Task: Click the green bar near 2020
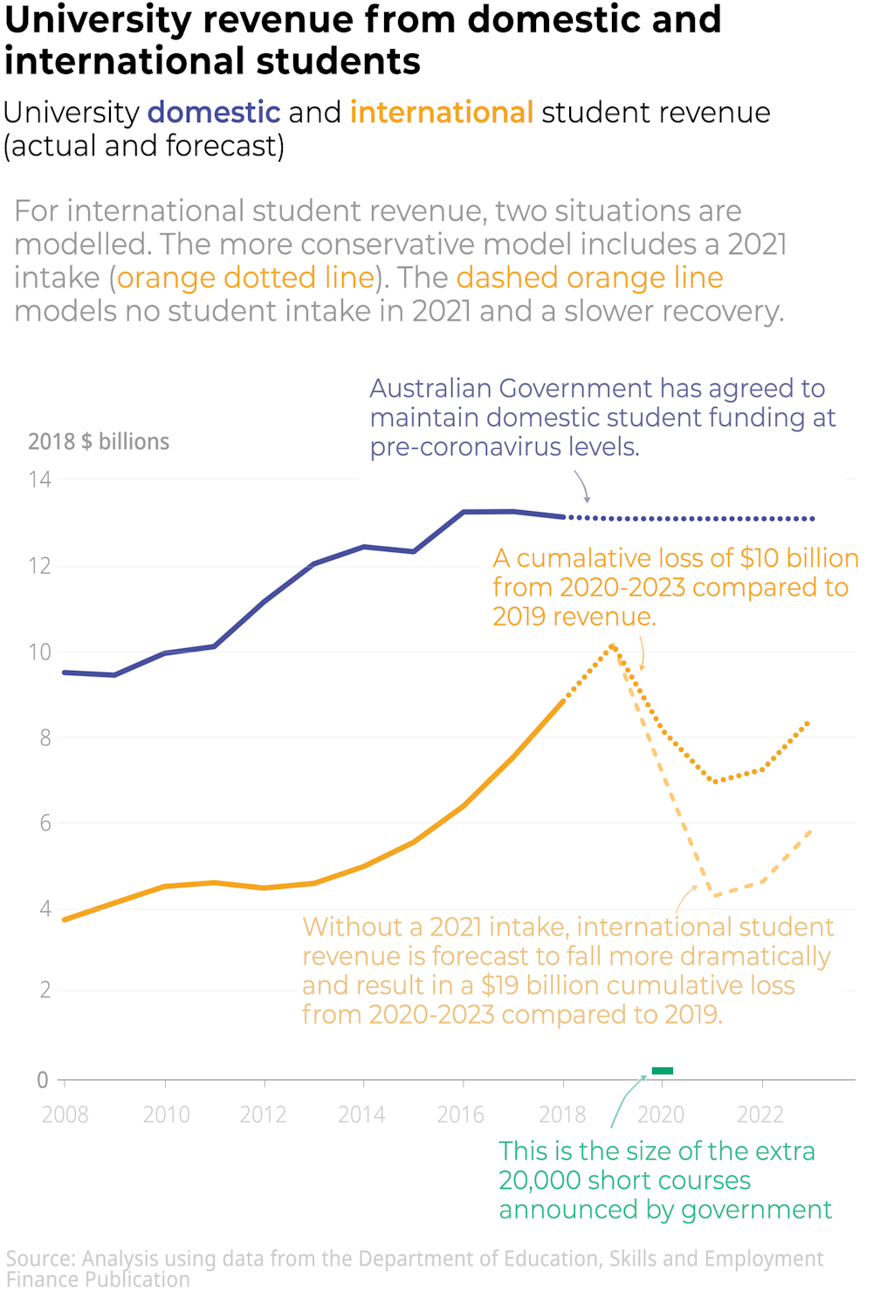click(663, 1071)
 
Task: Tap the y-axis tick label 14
click(40, 480)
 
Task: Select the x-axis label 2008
click(65, 1114)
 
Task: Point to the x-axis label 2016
click(461, 1114)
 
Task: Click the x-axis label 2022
click(760, 1114)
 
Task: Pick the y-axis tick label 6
click(45, 823)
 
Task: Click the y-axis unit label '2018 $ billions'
click(99, 442)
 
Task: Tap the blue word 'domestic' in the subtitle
click(214, 113)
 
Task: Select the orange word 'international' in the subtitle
click(441, 113)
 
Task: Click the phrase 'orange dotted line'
click(245, 278)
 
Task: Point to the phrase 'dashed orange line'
click(589, 278)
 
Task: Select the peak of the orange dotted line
click(613, 646)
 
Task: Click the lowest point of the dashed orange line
click(714, 895)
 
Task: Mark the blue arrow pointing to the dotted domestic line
click(582, 486)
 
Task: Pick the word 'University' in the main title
click(97, 20)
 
